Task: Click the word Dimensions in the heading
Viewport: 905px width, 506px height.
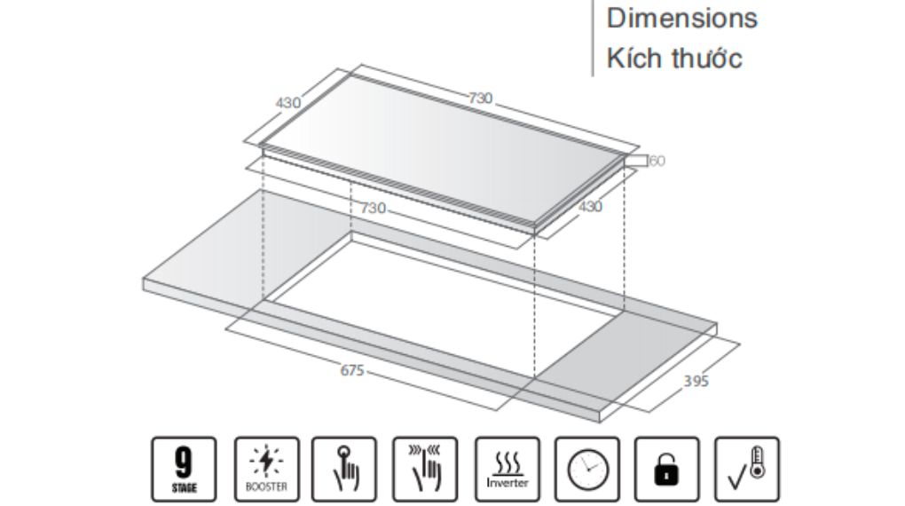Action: tap(681, 18)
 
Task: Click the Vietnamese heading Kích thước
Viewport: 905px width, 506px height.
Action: tap(674, 59)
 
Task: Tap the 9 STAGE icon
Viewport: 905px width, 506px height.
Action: tap(185, 469)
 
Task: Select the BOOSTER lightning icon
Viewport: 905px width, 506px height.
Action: tap(267, 469)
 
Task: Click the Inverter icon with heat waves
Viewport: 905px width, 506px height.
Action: tap(508, 469)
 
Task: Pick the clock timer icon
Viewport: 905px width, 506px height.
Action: tap(587, 469)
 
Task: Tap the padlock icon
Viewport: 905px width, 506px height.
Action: tap(666, 469)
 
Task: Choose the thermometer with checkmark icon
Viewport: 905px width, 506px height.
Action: tap(747, 469)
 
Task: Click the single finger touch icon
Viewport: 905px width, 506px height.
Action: tap(344, 469)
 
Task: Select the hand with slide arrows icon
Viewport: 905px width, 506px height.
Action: tap(425, 469)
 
